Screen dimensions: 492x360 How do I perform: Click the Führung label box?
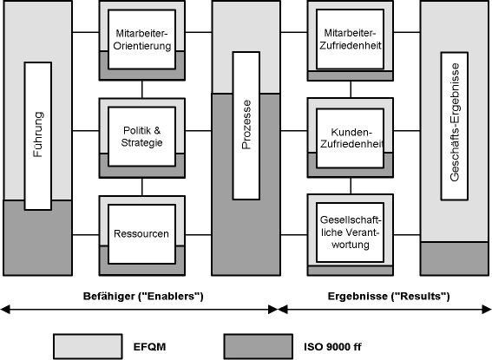tap(38, 136)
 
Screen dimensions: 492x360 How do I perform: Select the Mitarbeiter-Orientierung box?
tap(141, 40)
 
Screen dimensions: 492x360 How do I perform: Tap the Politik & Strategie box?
tap(141, 137)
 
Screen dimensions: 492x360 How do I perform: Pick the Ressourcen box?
tap(141, 234)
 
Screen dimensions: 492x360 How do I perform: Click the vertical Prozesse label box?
tap(246, 126)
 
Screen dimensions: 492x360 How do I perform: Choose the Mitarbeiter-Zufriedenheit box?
tap(351, 40)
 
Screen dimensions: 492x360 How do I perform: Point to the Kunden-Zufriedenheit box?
tap(351, 138)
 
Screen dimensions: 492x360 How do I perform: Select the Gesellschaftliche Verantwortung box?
tap(351, 232)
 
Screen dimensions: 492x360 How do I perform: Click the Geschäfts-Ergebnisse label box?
tap(455, 126)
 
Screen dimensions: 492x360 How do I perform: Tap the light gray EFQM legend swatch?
tap(88, 346)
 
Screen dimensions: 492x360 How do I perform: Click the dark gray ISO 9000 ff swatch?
tap(259, 346)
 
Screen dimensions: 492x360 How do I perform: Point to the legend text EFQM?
tap(149, 347)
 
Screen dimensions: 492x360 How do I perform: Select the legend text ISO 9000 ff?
tap(332, 347)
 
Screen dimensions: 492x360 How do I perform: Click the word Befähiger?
tap(108, 297)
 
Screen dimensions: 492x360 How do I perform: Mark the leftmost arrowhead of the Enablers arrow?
tap(5, 310)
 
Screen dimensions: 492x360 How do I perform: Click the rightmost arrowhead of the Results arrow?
tap(486, 310)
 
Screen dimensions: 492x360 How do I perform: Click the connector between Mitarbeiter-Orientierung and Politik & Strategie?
tap(141, 89)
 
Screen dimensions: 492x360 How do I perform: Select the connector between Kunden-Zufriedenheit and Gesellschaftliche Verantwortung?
tap(351, 186)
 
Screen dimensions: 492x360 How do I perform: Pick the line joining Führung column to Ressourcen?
tap(86, 234)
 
